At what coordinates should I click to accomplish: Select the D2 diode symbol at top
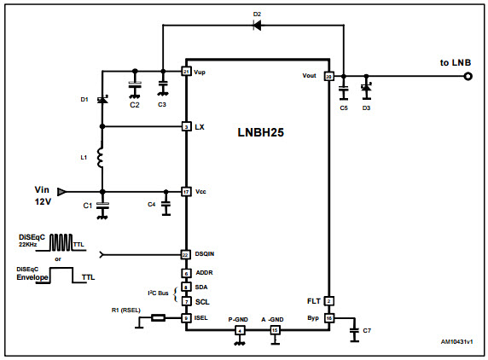(258, 25)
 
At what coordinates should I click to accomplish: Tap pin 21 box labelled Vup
(186, 72)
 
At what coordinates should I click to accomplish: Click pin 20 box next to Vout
(328, 76)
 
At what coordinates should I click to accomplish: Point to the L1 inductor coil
(102, 160)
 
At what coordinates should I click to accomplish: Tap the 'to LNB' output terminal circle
(468, 77)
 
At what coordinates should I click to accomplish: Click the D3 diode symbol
(366, 88)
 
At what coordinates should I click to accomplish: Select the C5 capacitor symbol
(343, 88)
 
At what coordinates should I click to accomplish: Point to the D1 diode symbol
(102, 100)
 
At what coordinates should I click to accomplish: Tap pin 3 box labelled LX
(186, 127)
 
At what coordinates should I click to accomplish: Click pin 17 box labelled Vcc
(186, 191)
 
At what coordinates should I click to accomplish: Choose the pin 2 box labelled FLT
(328, 300)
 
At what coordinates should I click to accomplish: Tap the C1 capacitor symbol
(102, 206)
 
